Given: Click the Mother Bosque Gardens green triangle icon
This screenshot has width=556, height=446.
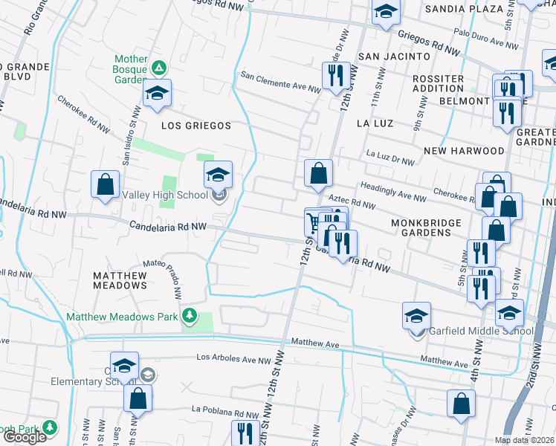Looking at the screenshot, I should click(x=158, y=68).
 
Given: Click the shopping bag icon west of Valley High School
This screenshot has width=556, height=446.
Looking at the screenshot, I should click(x=106, y=184).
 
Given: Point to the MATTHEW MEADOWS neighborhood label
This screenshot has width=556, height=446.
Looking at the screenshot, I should click(x=120, y=280).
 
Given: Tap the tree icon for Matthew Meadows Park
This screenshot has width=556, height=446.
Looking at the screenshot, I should click(x=190, y=316).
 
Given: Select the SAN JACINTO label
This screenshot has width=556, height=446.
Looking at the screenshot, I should click(x=394, y=56).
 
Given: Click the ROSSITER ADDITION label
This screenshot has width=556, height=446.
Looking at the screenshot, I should click(x=438, y=83).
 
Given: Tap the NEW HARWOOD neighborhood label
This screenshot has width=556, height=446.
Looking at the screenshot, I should click(x=464, y=151).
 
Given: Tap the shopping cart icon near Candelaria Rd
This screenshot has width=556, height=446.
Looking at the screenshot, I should click(x=313, y=223).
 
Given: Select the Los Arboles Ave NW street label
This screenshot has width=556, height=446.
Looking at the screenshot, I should click(x=233, y=358).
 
